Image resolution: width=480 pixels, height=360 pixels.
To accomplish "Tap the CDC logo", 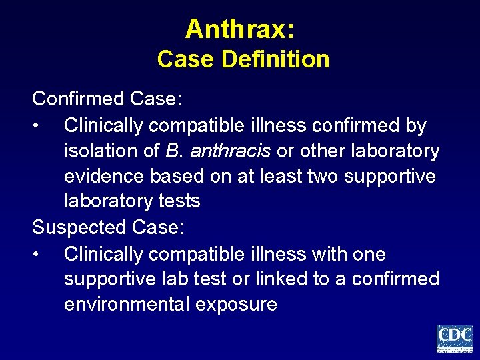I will point(455,339).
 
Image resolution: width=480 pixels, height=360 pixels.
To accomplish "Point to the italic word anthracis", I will point(230,151).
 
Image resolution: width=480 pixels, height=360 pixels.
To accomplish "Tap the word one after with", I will point(367,254).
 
